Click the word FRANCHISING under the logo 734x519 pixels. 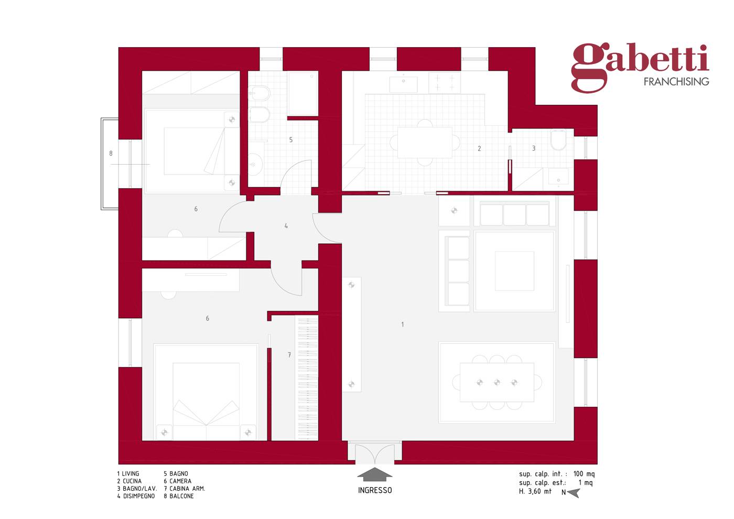click(x=676, y=82)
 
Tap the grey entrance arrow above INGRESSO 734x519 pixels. click(x=374, y=474)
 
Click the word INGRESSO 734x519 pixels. click(x=375, y=490)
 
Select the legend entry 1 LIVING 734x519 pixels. click(x=128, y=473)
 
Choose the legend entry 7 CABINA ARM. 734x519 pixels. click(x=185, y=489)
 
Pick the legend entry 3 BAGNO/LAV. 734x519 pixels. click(x=137, y=489)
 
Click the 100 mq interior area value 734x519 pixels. click(x=584, y=474)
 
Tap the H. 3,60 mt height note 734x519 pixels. click(x=535, y=492)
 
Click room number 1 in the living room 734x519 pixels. click(x=403, y=325)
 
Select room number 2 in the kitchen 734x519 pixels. click(x=479, y=148)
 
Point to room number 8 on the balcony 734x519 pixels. click(x=111, y=153)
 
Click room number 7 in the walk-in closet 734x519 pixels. click(x=289, y=355)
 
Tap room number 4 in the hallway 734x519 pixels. click(x=286, y=226)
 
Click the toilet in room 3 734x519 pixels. click(x=558, y=139)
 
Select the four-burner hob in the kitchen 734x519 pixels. click(x=445, y=82)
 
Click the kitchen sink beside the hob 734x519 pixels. click(x=403, y=84)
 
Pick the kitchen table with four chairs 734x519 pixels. click(x=425, y=143)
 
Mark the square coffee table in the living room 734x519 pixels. click(x=514, y=271)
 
